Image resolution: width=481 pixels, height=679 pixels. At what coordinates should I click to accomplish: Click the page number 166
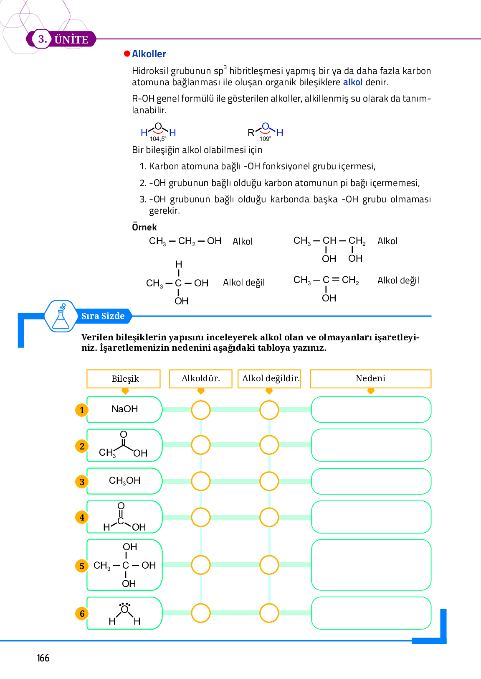pos(43,658)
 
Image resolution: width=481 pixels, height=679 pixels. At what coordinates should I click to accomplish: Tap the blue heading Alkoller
pos(149,54)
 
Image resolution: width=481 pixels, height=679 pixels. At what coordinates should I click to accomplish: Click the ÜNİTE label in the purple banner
pos(71,40)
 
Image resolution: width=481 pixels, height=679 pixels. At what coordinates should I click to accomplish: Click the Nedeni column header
pos(370,378)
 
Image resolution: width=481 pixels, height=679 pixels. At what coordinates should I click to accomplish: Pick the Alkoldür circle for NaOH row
pos(201,410)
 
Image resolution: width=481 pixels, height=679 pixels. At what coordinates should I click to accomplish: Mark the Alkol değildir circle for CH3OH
pos(269,481)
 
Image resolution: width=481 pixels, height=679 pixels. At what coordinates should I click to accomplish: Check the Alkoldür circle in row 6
pos(201,613)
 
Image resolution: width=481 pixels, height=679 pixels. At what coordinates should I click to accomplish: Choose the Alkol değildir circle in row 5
pos(269,565)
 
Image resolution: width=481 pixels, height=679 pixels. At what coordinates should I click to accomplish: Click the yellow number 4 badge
pos(82,518)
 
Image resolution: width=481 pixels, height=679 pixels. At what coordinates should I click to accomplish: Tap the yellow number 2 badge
pos(82,447)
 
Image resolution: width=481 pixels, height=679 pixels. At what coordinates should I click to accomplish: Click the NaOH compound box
pos(124,409)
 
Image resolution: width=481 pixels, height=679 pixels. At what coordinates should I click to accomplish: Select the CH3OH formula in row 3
pos(124,481)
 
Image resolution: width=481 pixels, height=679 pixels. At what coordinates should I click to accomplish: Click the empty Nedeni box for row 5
pos(371,565)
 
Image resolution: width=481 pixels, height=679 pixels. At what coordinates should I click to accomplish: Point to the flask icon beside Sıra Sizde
pos(61,317)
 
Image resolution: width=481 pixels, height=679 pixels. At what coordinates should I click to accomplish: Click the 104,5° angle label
pos(158,139)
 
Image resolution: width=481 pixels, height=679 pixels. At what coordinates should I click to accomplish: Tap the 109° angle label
pos(265,139)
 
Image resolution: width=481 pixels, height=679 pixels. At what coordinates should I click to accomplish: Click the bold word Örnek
pos(144,227)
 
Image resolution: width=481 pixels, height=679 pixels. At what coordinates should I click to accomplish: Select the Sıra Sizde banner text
pos(103,316)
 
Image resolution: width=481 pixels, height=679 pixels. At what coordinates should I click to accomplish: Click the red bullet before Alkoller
pos(127,54)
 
